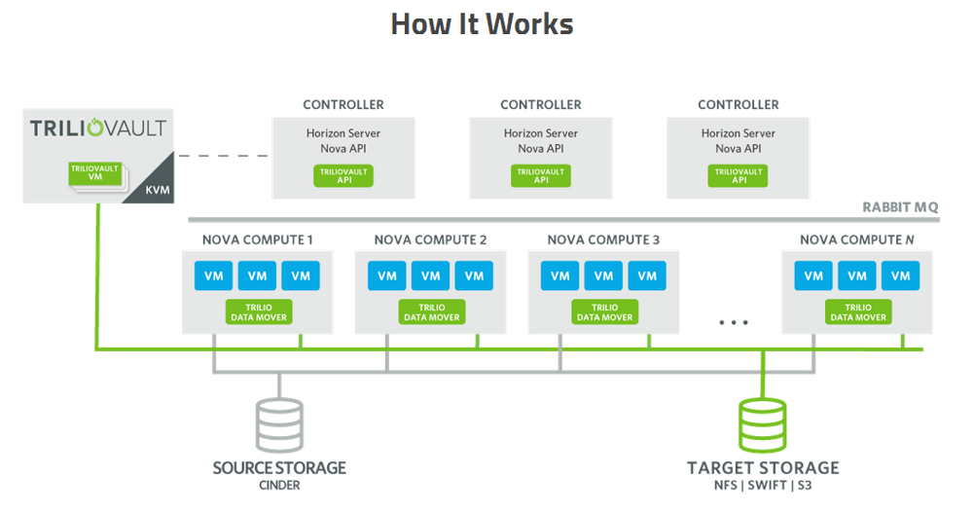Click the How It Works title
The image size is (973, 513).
coord(482,24)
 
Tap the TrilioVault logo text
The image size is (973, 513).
coord(98,128)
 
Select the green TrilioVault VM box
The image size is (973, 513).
coord(94,174)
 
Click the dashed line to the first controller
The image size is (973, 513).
coord(223,155)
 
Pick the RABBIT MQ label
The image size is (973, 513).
coord(900,207)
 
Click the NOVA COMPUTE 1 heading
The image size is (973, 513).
coord(257,239)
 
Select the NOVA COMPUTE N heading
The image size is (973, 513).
coord(857,239)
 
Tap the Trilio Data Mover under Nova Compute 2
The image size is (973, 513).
coord(431,311)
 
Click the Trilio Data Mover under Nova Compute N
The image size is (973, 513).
coord(857,311)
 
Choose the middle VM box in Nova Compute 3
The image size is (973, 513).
coord(603,275)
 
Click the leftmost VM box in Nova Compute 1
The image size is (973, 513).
coord(213,275)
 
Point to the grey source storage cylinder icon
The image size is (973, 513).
coord(279,422)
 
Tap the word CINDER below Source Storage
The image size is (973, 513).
coord(279,486)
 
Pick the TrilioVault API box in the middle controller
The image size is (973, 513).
coord(540,176)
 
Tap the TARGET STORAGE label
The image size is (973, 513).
coord(763,467)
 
